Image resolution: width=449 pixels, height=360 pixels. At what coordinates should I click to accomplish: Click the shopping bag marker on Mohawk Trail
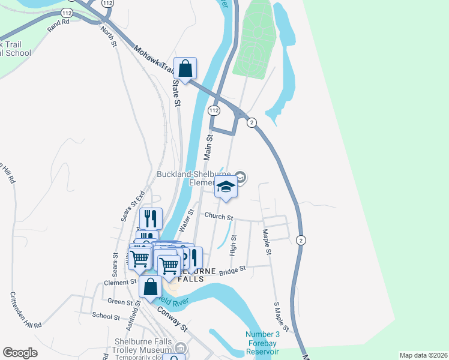point(185,69)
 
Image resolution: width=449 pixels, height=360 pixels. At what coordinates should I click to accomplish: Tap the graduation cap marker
point(225,187)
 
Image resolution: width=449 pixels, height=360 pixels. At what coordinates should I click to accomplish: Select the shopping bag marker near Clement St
point(150,286)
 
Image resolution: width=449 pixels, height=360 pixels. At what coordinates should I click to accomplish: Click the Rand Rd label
point(59,25)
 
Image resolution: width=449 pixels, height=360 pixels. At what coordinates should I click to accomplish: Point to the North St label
point(108,36)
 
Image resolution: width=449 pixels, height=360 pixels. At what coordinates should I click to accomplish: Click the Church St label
point(218,216)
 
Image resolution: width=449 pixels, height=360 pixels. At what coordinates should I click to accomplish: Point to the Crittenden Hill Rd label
point(25,310)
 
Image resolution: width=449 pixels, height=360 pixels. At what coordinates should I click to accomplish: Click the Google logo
point(20,353)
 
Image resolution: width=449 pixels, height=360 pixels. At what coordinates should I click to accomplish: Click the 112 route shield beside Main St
point(214,111)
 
